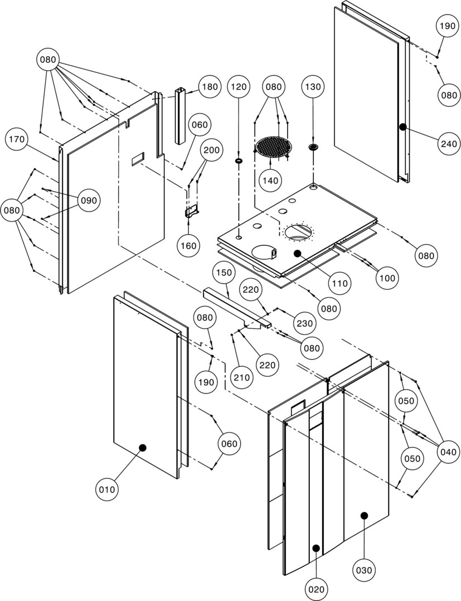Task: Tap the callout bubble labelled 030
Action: (x=365, y=570)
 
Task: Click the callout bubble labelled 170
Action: (x=17, y=140)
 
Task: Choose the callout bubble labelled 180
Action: (x=210, y=87)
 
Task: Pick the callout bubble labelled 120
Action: (x=239, y=87)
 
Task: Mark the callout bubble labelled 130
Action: (x=313, y=87)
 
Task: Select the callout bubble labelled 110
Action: (x=339, y=283)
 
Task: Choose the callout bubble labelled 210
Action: (x=241, y=377)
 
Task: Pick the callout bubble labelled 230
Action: (x=305, y=323)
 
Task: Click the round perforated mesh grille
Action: (x=274, y=146)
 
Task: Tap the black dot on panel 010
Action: (x=142, y=447)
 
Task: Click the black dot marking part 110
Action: (x=297, y=253)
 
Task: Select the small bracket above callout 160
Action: (x=192, y=211)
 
